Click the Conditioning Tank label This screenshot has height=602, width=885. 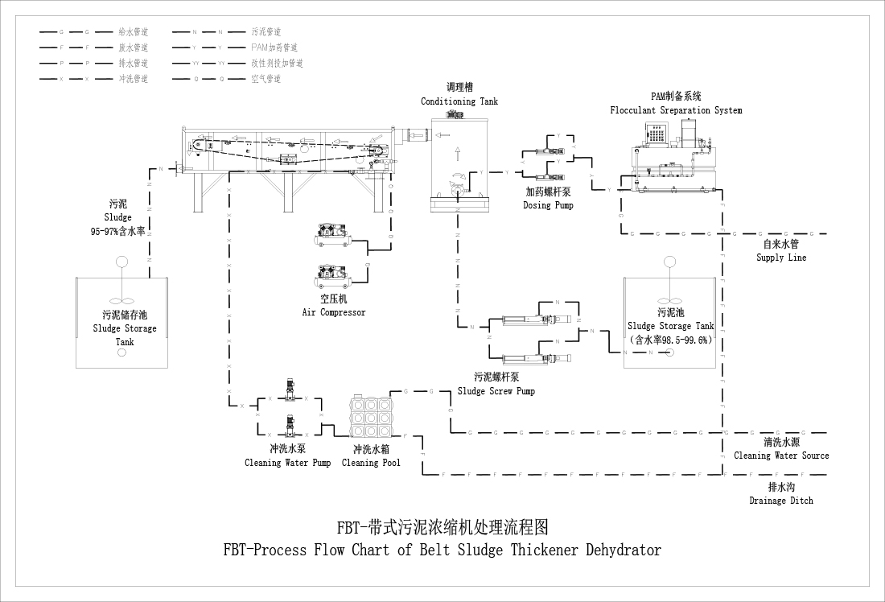pyautogui.click(x=459, y=101)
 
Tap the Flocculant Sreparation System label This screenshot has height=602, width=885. pyautogui.click(x=676, y=110)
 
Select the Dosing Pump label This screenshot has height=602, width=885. pyautogui.click(x=548, y=205)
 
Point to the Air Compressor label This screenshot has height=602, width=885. pyautogui.click(x=334, y=312)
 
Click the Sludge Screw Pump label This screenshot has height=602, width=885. pyautogui.click(x=496, y=391)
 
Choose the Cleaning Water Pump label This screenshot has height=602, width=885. pyautogui.click(x=287, y=463)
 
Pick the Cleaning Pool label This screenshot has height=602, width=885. pyautogui.click(x=371, y=463)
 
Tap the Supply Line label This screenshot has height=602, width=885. pyautogui.click(x=780, y=258)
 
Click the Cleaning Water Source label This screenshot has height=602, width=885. pyautogui.click(x=780, y=456)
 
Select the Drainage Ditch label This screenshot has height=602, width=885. pyautogui.click(x=780, y=501)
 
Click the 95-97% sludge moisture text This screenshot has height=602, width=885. pyautogui.click(x=117, y=231)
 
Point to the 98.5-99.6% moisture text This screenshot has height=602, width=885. pyautogui.click(x=671, y=340)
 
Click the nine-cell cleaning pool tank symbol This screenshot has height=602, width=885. pyautogui.click(x=371, y=419)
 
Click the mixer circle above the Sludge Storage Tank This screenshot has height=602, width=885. pyautogui.click(x=122, y=262)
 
